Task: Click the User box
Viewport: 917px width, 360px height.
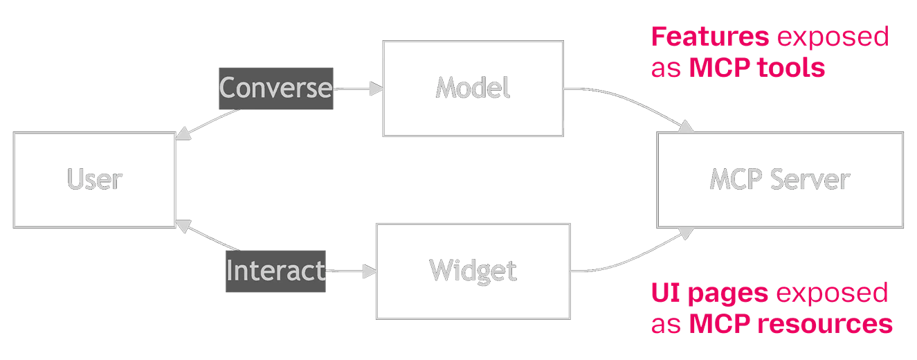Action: click(x=93, y=180)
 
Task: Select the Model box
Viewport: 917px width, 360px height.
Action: click(x=473, y=88)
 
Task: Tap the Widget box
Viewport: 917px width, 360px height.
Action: click(x=473, y=271)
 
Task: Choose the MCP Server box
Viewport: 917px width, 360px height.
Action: click(x=779, y=180)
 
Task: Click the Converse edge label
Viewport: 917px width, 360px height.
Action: click(x=276, y=89)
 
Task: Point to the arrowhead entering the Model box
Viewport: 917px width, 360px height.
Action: click(x=376, y=89)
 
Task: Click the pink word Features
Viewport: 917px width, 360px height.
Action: click(x=709, y=39)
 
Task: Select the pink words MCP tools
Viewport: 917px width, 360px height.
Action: click(x=757, y=68)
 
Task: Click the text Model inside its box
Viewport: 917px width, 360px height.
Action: click(x=473, y=88)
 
